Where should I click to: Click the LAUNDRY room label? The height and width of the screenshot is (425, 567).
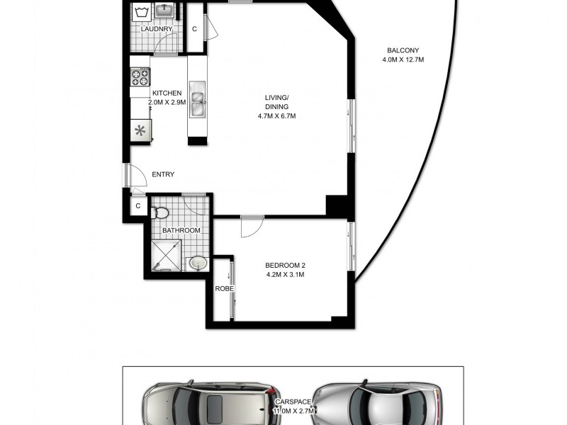(x=156, y=29)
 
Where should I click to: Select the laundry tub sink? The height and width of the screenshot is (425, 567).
(x=165, y=11)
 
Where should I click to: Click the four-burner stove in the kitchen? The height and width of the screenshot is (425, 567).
(x=140, y=76)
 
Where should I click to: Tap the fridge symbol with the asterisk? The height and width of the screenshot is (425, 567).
(x=140, y=130)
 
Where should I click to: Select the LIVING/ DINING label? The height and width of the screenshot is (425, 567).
(x=276, y=102)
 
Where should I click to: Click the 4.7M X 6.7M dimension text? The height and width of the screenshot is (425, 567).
(x=276, y=116)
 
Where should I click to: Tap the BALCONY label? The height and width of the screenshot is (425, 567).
(x=403, y=50)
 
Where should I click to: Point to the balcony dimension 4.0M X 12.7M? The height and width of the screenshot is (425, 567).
(x=403, y=59)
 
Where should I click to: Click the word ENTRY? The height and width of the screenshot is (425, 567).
(x=163, y=174)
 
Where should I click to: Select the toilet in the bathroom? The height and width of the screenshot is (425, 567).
(x=162, y=212)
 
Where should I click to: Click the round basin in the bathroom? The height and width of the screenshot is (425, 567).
(x=198, y=263)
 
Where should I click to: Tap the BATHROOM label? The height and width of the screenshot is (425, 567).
(x=181, y=230)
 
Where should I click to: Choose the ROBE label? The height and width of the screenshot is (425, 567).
(x=225, y=289)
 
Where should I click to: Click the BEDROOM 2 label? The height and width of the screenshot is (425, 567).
(x=285, y=266)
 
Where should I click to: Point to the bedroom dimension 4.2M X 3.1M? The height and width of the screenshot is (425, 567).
(x=285, y=276)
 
